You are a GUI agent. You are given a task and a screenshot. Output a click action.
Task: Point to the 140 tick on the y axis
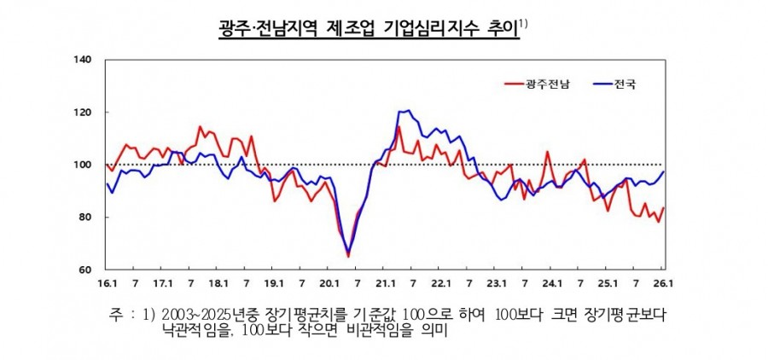pyautogui.click(x=84, y=60)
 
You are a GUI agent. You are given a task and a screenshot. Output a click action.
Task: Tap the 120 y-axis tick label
pyautogui.click(x=84, y=113)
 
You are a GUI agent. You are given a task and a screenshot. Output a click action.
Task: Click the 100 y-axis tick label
pyautogui.click(x=84, y=165)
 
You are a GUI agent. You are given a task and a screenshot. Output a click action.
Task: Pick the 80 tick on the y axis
pyautogui.click(x=86, y=218)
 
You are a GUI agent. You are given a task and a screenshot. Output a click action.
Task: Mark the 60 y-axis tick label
pyautogui.click(x=86, y=270)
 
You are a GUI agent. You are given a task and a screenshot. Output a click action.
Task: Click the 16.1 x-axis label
pyautogui.click(x=107, y=282)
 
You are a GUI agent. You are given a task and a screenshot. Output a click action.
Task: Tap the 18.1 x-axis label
pyautogui.click(x=218, y=282)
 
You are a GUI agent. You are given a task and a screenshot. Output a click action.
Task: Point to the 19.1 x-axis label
pyautogui.click(x=274, y=282)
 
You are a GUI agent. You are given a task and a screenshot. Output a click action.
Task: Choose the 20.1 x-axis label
pyautogui.click(x=329, y=282)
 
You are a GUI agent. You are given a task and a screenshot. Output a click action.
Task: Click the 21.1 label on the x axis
pyautogui.click(x=385, y=282)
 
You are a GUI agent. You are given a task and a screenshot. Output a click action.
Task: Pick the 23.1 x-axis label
pyautogui.click(x=497, y=282)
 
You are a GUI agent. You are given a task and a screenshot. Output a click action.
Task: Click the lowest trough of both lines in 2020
pyautogui.click(x=348, y=254)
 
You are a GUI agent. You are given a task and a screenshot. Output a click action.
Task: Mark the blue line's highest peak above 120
pyautogui.click(x=408, y=111)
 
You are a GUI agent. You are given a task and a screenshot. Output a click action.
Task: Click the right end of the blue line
pyautogui.click(x=664, y=172)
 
